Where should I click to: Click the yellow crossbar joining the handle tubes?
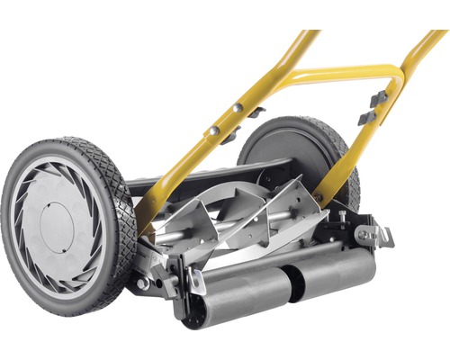(x=333, y=77)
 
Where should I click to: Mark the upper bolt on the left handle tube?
(x=238, y=107)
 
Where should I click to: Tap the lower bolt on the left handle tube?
(x=214, y=131)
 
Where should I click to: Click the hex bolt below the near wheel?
(x=142, y=283)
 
